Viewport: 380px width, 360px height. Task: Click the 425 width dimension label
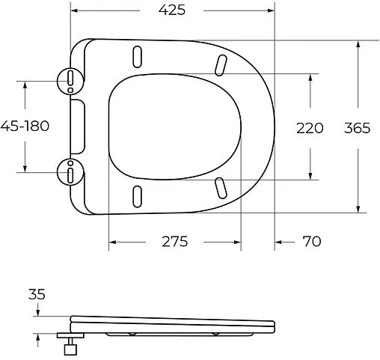click(x=171, y=10)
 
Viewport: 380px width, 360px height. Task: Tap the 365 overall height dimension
click(x=357, y=127)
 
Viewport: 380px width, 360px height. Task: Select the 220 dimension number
click(x=310, y=127)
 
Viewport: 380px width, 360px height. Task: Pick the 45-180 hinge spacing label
click(x=25, y=126)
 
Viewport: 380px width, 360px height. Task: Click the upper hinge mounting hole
click(x=70, y=78)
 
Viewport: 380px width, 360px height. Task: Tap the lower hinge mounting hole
click(x=70, y=174)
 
